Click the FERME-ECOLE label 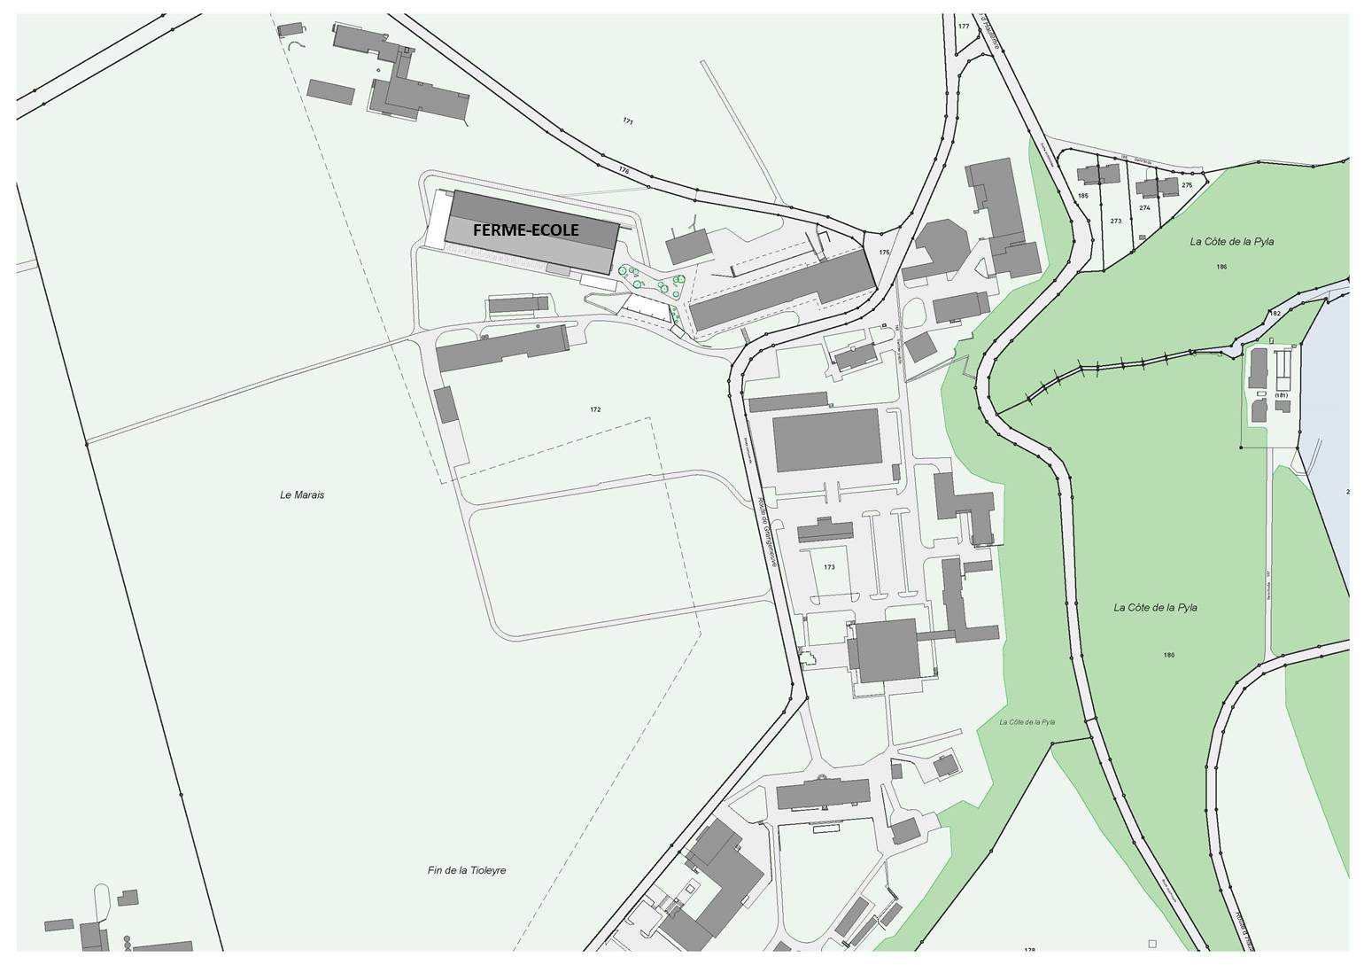click(525, 230)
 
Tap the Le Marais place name click(302, 495)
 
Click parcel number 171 click(628, 121)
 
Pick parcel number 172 click(595, 409)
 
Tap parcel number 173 click(829, 566)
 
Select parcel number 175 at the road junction click(884, 253)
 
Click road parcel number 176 click(624, 170)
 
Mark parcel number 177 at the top click(964, 27)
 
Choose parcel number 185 click(1082, 196)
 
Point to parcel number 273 click(1115, 221)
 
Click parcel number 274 click(1144, 208)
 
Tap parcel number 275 click(1187, 185)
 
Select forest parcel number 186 click(1221, 266)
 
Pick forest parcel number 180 click(1169, 655)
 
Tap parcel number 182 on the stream click(1275, 314)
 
